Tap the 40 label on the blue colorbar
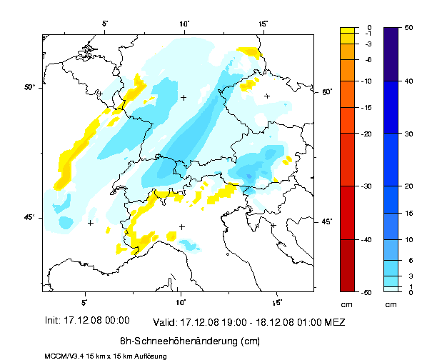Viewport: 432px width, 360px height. coord(409,81)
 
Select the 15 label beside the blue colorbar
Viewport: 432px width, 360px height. coord(409,214)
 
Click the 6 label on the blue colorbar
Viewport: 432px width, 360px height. coord(410,261)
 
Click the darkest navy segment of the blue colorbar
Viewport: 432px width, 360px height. coord(391,54)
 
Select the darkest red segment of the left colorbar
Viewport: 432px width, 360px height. coord(347,265)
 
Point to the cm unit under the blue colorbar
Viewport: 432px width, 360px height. coord(391,304)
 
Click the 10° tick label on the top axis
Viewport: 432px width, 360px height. coord(184,24)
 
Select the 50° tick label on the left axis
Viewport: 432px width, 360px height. coord(30,87)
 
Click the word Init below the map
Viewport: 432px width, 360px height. coord(53,321)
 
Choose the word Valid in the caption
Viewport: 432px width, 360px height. coord(164,322)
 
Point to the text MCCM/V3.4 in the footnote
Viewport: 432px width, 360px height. coord(60,356)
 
